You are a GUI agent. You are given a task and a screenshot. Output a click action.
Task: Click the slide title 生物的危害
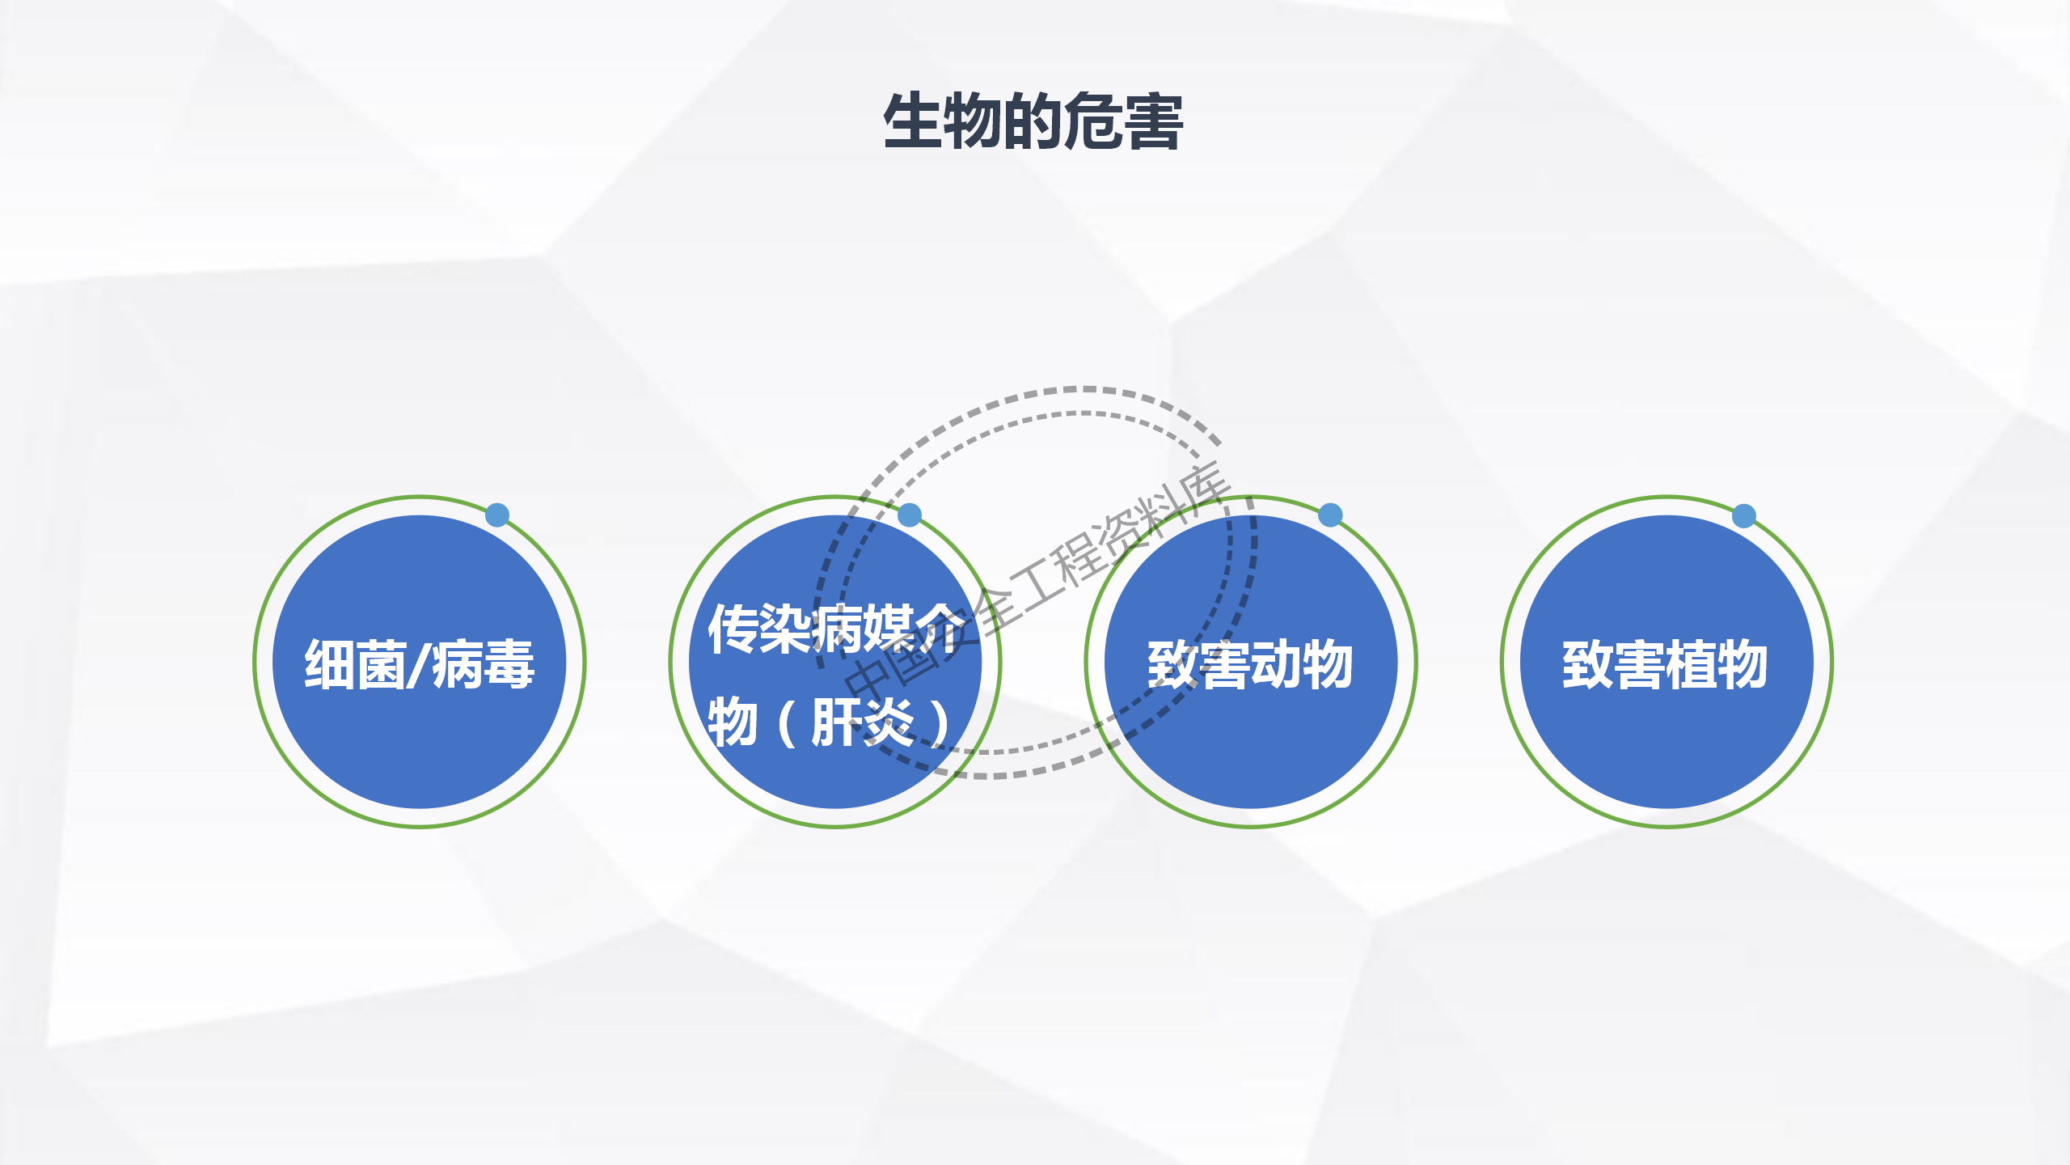pyautogui.click(x=1033, y=121)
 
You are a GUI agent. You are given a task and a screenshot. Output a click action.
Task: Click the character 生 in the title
pyautogui.click(x=914, y=121)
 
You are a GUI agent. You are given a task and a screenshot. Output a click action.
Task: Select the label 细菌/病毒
pyautogui.click(x=419, y=664)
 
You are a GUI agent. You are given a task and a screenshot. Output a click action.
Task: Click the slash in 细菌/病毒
pyautogui.click(x=418, y=664)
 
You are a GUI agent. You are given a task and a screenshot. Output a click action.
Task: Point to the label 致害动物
pyautogui.click(x=1250, y=664)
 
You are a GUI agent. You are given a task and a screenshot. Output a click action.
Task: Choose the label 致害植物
pyautogui.click(x=1665, y=664)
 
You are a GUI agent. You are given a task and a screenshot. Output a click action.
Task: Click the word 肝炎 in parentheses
pyautogui.click(x=862, y=722)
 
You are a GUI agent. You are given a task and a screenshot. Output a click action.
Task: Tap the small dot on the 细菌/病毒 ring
pyautogui.click(x=497, y=515)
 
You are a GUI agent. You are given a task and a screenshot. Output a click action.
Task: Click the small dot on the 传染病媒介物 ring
pyautogui.click(x=910, y=515)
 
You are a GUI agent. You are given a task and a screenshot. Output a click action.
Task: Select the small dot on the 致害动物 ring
pyautogui.click(x=1330, y=515)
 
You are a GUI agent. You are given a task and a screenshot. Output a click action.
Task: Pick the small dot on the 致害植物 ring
pyautogui.click(x=1744, y=515)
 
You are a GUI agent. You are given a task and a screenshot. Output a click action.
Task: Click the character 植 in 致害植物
pyautogui.click(x=1691, y=664)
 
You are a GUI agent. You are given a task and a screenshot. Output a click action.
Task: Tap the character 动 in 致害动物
pyautogui.click(x=1276, y=664)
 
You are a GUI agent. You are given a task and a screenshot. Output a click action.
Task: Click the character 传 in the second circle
pyautogui.click(x=733, y=629)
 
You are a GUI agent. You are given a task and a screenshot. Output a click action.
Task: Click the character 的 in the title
pyautogui.click(x=1033, y=121)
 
